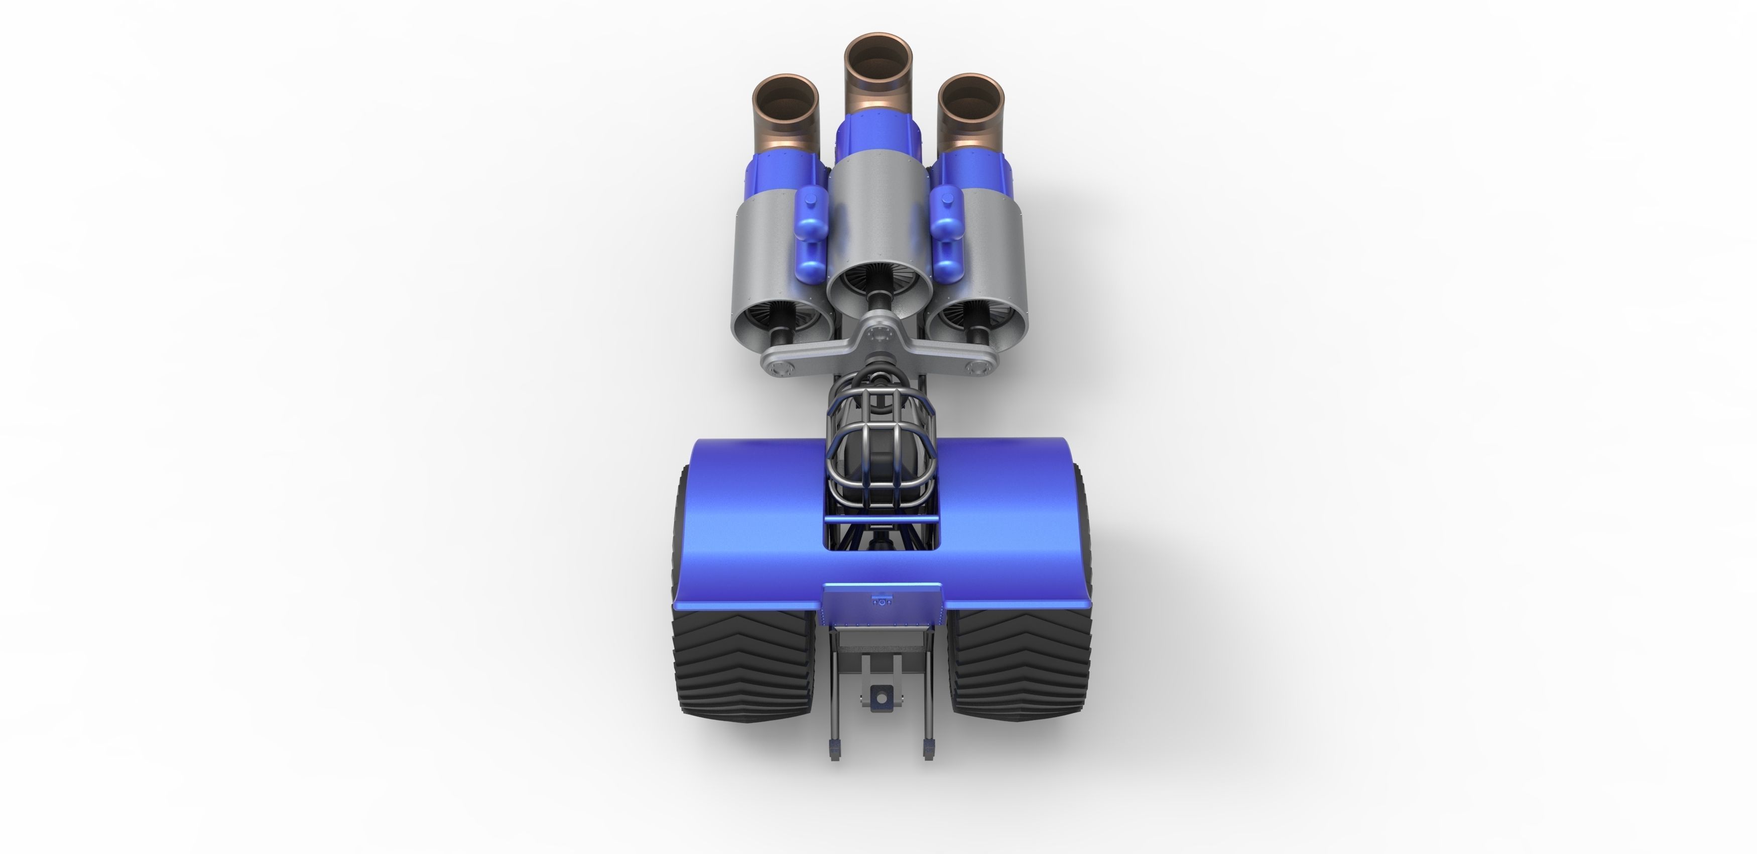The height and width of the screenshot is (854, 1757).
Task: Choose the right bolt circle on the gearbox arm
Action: coord(978,369)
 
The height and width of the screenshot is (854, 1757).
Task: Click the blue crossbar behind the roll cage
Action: coord(881,520)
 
